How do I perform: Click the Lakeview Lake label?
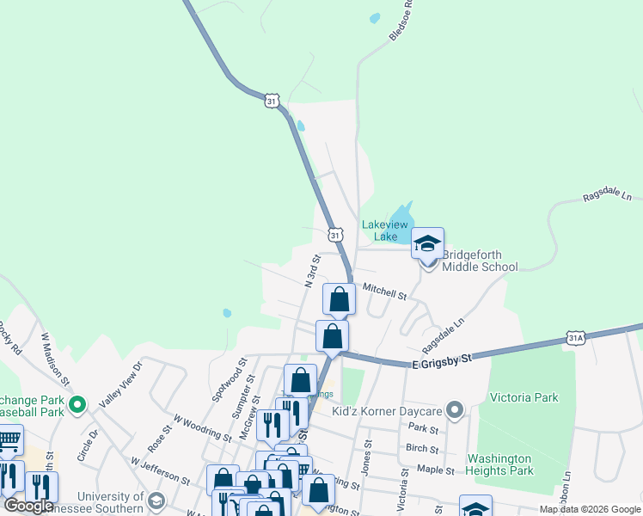[379, 230]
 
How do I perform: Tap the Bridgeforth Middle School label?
[480, 261]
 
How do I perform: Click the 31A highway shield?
[576, 338]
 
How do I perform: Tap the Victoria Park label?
[524, 397]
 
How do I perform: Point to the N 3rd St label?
[312, 270]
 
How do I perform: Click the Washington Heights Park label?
[499, 464]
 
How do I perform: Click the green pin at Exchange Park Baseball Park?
[77, 402]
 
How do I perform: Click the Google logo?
[28, 506]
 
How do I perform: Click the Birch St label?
[422, 448]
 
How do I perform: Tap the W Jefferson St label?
[160, 470]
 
